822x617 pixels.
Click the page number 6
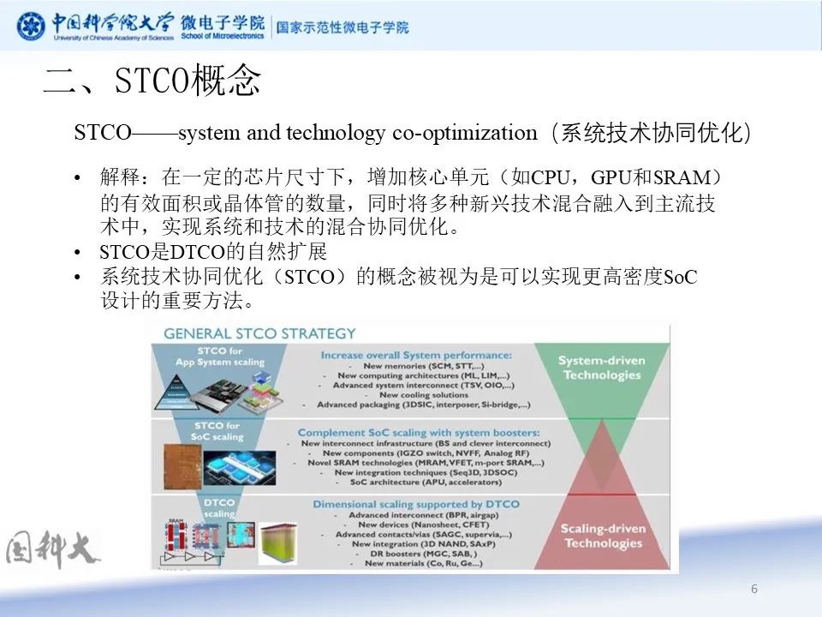(753, 589)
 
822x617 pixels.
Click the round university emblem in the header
(32, 25)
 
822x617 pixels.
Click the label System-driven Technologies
(601, 368)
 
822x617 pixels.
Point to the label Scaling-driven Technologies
(601, 536)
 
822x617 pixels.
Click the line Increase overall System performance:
(416, 354)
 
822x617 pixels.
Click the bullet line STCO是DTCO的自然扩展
(213, 252)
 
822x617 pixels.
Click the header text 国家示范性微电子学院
(342, 27)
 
